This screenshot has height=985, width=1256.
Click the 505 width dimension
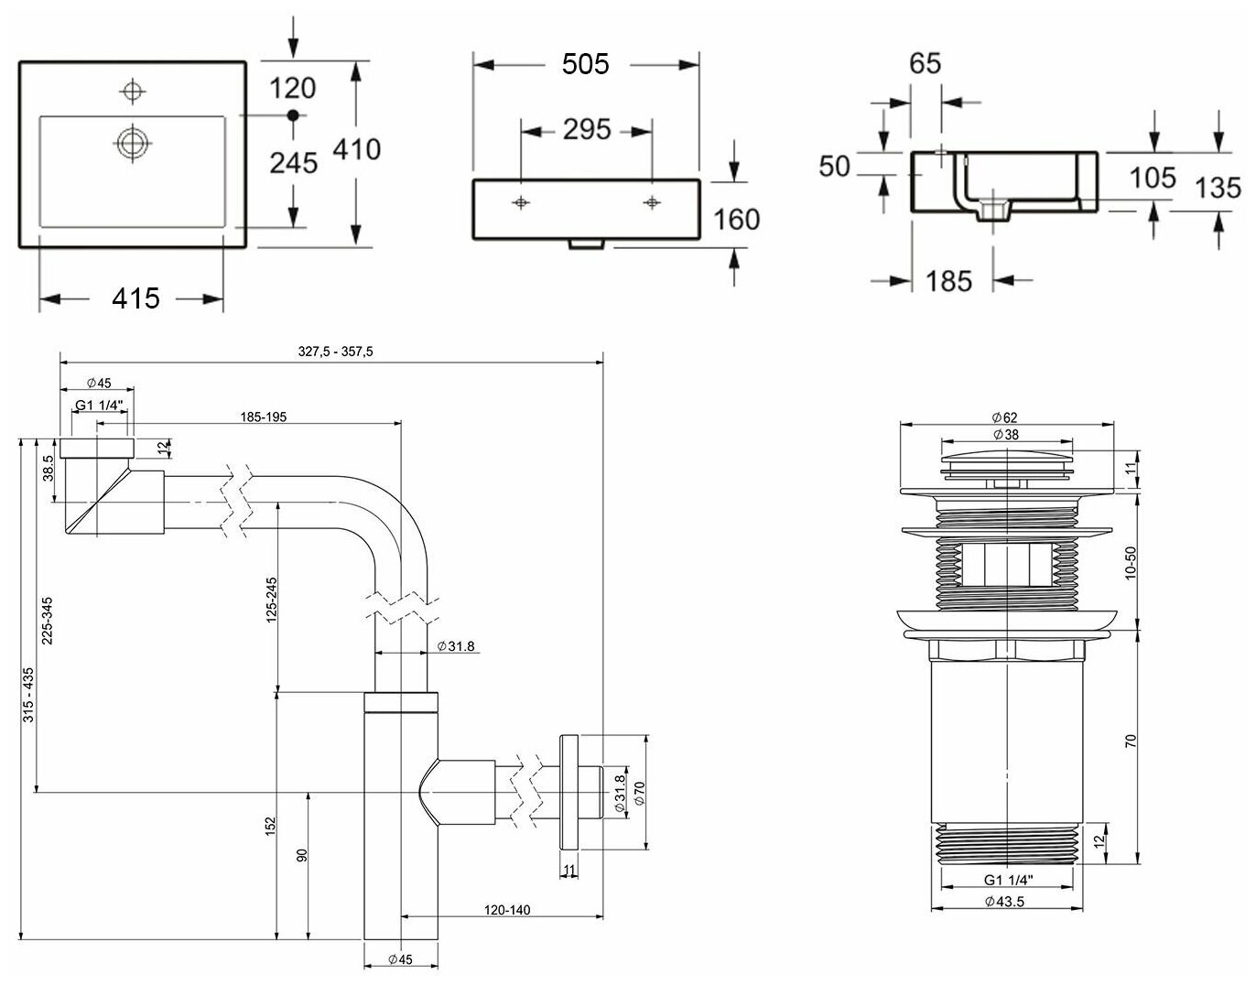click(x=585, y=64)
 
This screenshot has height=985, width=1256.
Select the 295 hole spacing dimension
click(x=586, y=130)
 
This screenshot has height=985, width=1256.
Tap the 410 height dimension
click(x=356, y=148)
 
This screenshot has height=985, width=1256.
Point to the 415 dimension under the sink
click(x=135, y=298)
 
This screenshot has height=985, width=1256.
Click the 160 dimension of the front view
click(x=737, y=220)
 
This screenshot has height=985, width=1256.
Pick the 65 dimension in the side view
click(x=926, y=64)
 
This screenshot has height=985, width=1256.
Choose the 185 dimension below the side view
click(x=948, y=280)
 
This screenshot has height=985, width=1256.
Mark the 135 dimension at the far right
click(x=1218, y=188)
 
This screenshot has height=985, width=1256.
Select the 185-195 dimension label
click(x=264, y=417)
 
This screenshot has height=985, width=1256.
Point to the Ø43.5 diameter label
click(x=1005, y=901)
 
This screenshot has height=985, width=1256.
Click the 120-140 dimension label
click(x=508, y=909)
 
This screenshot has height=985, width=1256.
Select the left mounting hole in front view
click(x=521, y=202)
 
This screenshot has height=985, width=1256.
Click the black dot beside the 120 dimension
click(x=293, y=115)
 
